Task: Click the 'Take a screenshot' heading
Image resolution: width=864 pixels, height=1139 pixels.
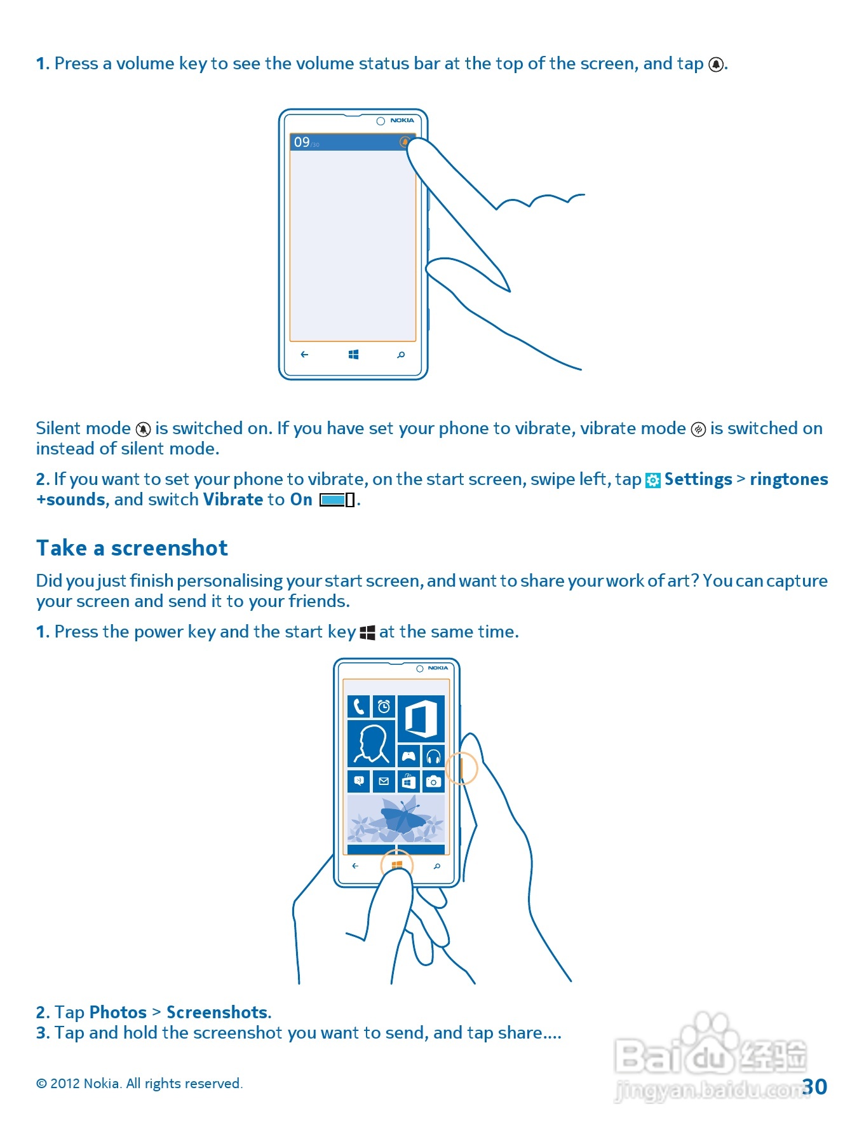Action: click(x=132, y=548)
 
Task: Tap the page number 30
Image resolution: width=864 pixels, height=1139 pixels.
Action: click(x=814, y=1086)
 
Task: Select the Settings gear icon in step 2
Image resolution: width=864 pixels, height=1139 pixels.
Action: click(x=652, y=481)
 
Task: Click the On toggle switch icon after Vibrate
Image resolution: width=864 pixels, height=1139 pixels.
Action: click(x=337, y=500)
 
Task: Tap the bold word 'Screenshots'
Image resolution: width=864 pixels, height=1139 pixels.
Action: click(x=218, y=1012)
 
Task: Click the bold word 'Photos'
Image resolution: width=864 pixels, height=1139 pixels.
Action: click(x=118, y=1012)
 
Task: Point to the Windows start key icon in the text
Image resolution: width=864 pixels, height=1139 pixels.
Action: click(x=367, y=632)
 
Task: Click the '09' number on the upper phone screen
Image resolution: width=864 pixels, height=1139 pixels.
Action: click(x=302, y=142)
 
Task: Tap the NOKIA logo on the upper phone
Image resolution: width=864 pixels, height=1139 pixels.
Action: click(x=402, y=120)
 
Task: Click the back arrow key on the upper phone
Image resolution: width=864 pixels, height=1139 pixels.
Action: click(x=304, y=355)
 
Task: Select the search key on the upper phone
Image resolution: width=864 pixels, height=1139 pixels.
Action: click(x=401, y=355)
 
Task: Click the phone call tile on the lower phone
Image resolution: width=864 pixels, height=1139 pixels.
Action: click(x=359, y=706)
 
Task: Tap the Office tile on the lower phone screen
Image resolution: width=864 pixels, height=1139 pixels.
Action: click(x=421, y=719)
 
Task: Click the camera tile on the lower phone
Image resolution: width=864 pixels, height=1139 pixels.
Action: click(x=433, y=781)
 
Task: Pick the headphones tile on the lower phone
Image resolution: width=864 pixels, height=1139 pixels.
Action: click(x=433, y=756)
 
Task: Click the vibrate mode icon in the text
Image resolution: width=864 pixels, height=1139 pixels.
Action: click(x=698, y=430)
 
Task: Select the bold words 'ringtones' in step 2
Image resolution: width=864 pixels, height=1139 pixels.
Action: click(x=788, y=479)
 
